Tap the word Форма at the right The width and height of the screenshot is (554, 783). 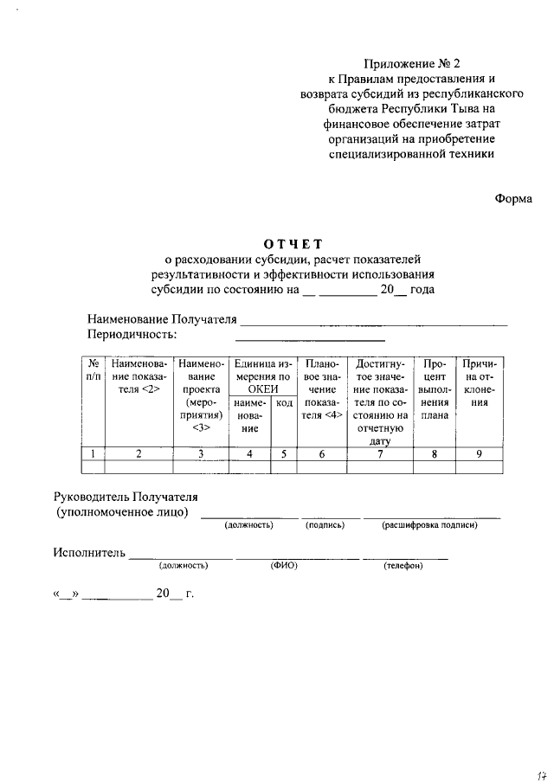pos(513,198)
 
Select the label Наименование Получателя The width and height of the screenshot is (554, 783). pos(162,320)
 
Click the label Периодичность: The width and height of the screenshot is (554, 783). pos(132,334)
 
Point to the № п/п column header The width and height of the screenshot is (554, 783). pos(93,371)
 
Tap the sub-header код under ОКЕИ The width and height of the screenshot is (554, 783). pos(284,403)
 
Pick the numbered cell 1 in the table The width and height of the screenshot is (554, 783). pos(93,453)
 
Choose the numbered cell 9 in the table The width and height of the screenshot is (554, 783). pos(479,453)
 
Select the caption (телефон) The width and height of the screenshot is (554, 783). pos(403,566)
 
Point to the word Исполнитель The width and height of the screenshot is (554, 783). pos(89,552)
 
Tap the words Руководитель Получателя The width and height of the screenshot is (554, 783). pos(126,497)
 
